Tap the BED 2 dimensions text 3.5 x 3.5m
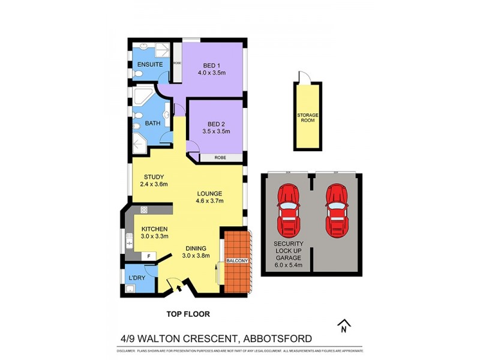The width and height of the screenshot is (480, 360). pyautogui.click(x=216, y=131)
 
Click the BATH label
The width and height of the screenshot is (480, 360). pyautogui.click(x=152, y=124)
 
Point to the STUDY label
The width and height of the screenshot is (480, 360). pyautogui.click(x=154, y=176)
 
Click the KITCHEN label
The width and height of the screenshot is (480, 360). pyautogui.click(x=154, y=229)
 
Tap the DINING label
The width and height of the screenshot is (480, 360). pyautogui.click(x=196, y=248)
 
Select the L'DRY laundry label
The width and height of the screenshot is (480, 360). pyautogui.click(x=137, y=278)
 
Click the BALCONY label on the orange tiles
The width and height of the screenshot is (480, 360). pyautogui.click(x=234, y=261)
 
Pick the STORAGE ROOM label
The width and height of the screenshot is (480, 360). pyautogui.click(x=307, y=117)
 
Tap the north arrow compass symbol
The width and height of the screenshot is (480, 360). pyautogui.click(x=344, y=326)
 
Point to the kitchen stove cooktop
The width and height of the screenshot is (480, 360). pyautogui.click(x=144, y=209)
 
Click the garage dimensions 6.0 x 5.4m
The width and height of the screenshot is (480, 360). pyautogui.click(x=288, y=265)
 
